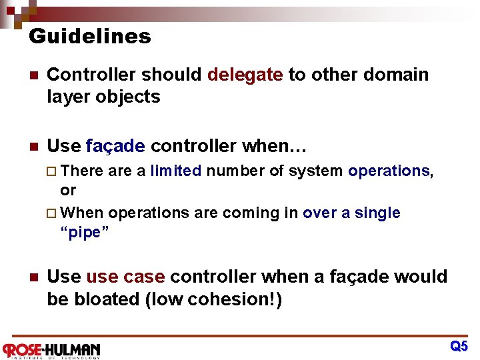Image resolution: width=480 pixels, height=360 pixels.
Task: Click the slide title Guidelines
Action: tap(90, 36)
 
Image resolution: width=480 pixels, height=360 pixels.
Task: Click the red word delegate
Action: tap(245, 75)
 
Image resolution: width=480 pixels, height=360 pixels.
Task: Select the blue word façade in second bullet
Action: tap(115, 146)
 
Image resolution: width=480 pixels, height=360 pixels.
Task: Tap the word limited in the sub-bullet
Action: tap(175, 171)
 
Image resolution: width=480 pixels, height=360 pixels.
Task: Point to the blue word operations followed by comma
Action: tap(389, 171)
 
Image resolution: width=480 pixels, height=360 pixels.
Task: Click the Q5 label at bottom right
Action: tap(459, 346)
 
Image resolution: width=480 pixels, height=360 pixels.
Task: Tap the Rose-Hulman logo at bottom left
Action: tap(51, 350)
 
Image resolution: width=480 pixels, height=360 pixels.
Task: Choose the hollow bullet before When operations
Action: tap(54, 213)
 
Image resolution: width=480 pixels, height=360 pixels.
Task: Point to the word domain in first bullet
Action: tap(397, 75)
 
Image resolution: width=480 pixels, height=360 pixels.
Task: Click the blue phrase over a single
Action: tap(351, 213)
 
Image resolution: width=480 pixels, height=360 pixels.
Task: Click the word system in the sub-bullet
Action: tap(315, 171)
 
